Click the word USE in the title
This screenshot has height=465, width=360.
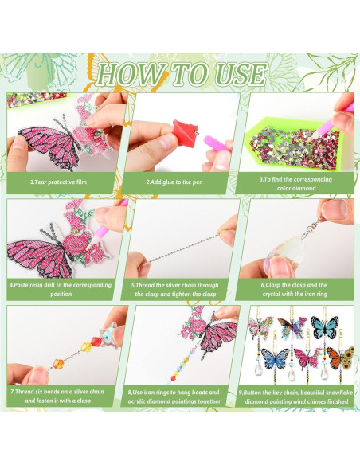[x=241, y=74]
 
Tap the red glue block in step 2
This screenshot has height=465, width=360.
[x=185, y=133]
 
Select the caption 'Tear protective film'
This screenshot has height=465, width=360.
[x=61, y=182]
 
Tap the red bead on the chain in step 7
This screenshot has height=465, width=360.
[x=96, y=342]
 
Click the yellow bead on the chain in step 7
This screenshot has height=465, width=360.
[x=86, y=347]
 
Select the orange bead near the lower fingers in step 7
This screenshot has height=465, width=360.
[x=58, y=364]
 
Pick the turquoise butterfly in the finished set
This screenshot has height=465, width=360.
[x=325, y=327]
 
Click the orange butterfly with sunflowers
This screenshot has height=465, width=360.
[x=340, y=358]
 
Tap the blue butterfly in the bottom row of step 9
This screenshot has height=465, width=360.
[x=275, y=358]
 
